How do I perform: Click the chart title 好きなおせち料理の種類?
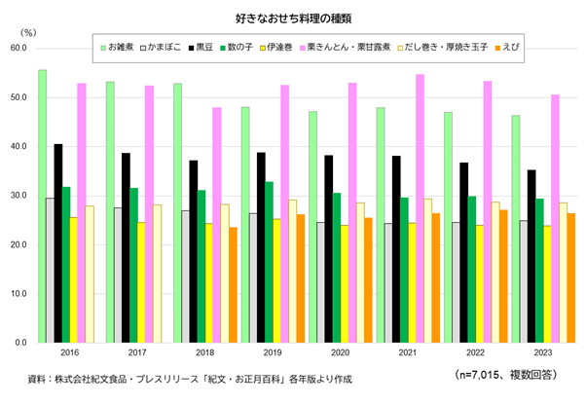292,17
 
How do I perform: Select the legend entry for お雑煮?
121,46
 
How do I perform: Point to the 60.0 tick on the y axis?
18,48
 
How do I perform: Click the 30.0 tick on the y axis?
18,196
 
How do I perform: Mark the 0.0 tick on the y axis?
20,343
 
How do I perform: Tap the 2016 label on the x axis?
70,352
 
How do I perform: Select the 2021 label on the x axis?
408,352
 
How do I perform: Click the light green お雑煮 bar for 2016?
43,205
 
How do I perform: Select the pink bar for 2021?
421,208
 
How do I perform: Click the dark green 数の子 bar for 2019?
270,262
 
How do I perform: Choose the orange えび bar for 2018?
233,284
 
